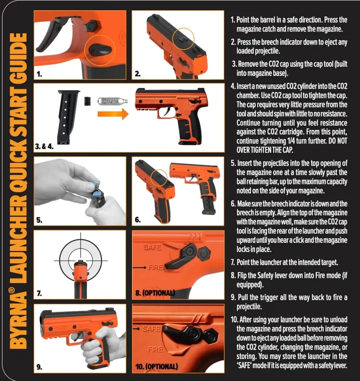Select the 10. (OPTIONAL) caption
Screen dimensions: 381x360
pos(157,366)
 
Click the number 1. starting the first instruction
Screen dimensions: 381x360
pos(233,20)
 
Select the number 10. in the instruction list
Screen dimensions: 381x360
pos(234,320)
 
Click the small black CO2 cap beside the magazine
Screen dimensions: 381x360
pos(87,100)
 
